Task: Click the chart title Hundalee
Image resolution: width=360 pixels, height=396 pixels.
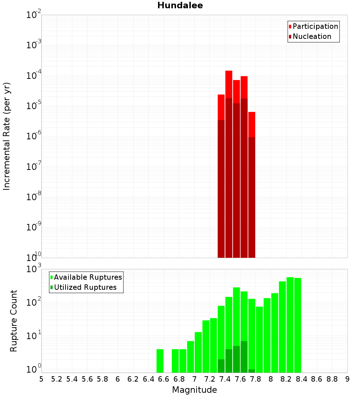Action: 180,6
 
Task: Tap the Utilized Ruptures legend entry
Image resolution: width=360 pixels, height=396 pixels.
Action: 85,287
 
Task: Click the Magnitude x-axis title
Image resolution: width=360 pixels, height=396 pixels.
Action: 194,390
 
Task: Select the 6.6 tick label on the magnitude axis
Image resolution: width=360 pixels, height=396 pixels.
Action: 164,379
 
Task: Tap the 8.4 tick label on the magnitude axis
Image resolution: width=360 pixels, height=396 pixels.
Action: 301,379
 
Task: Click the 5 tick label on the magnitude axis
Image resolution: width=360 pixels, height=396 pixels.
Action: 41,379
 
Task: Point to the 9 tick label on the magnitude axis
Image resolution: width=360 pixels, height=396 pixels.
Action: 347,379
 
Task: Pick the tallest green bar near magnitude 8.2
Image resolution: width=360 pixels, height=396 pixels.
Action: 290,324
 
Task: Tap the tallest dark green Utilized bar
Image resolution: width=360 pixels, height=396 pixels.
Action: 244,356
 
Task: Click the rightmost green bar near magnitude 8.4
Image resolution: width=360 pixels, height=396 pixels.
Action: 297,324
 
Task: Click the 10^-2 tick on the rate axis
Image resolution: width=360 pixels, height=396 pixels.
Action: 34,15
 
